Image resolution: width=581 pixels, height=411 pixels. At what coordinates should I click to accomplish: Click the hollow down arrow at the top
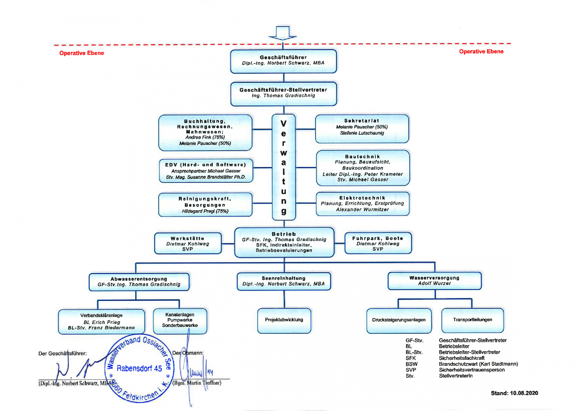coord(283,33)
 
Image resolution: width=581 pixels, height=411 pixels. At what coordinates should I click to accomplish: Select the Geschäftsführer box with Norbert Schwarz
coord(283,61)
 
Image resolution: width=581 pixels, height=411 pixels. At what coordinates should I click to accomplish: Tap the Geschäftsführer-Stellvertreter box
coord(283,94)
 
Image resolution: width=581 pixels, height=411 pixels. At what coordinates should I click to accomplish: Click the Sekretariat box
coord(362,128)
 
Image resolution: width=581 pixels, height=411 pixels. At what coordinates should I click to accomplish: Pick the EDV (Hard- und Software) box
coord(206,171)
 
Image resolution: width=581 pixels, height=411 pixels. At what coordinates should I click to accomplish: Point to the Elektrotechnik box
coord(362,204)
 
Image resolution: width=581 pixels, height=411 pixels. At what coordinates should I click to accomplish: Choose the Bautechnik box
coord(363,168)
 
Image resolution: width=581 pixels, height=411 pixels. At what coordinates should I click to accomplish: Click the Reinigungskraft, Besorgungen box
coord(205,205)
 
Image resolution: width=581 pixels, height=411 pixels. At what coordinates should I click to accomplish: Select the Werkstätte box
coord(188,243)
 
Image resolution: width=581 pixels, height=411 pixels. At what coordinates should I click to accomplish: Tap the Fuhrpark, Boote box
coord(378,243)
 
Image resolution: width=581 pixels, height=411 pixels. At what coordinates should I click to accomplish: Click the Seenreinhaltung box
coord(284,281)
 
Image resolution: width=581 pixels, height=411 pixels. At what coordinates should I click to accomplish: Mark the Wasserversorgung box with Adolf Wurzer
coord(434,281)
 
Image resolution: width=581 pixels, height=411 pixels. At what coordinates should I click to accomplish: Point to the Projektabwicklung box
coord(284,320)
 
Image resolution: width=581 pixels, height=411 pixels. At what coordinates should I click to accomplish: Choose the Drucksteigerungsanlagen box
coord(399,320)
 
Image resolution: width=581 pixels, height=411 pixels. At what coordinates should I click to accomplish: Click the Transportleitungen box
coord(472,320)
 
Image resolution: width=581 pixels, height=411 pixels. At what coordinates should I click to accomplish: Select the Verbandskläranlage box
coord(101,322)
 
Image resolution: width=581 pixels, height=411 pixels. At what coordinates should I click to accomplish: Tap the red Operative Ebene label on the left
coord(82,53)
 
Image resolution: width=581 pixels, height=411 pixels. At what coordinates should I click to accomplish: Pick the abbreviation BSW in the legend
coord(411,364)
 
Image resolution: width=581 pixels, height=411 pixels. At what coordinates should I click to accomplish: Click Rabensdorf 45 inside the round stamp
coord(139,369)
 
